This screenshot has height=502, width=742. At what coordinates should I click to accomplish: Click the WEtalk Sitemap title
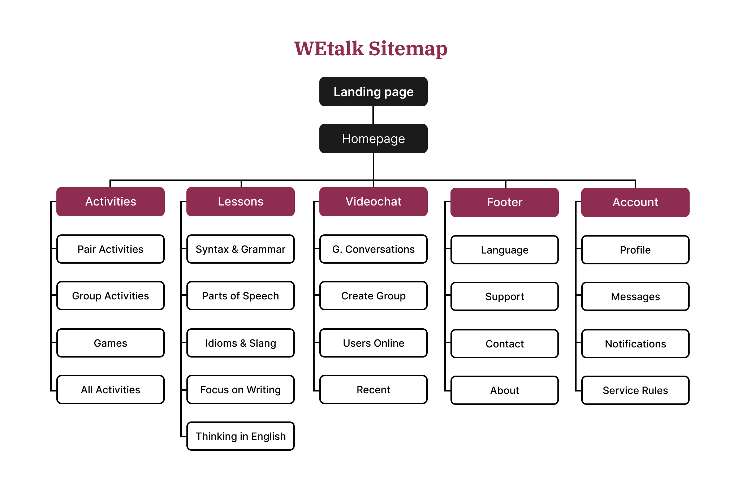coord(371,48)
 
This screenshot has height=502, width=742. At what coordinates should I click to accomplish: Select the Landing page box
coord(373,92)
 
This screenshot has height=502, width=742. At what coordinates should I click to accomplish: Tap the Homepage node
coord(373,139)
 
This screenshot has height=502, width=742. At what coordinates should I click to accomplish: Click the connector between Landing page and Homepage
coord(373,115)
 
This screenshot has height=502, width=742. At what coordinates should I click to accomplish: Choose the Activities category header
coord(111,202)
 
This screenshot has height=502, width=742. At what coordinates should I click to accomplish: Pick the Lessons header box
coord(241,202)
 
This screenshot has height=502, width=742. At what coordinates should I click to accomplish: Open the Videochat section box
coord(373,202)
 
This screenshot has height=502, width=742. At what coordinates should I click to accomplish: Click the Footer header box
coord(504,202)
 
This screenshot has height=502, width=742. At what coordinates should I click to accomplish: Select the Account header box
coord(635,202)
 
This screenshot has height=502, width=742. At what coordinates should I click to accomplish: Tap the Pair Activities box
coord(111,249)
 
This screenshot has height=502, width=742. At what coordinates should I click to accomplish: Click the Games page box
coord(111,343)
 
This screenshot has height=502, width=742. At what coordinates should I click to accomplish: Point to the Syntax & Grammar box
coord(241,249)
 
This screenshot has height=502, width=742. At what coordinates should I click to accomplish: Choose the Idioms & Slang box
coord(241,343)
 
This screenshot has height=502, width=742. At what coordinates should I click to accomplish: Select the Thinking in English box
coord(241,436)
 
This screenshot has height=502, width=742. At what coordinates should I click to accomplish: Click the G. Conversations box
coord(373,249)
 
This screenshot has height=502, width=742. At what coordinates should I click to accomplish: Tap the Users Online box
coord(373,343)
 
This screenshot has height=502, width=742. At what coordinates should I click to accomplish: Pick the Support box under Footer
coord(504,297)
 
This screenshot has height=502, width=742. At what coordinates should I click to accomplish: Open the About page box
coord(504,390)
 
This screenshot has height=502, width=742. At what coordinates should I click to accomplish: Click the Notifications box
coord(635,344)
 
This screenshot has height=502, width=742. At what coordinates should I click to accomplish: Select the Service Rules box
coord(635,390)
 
